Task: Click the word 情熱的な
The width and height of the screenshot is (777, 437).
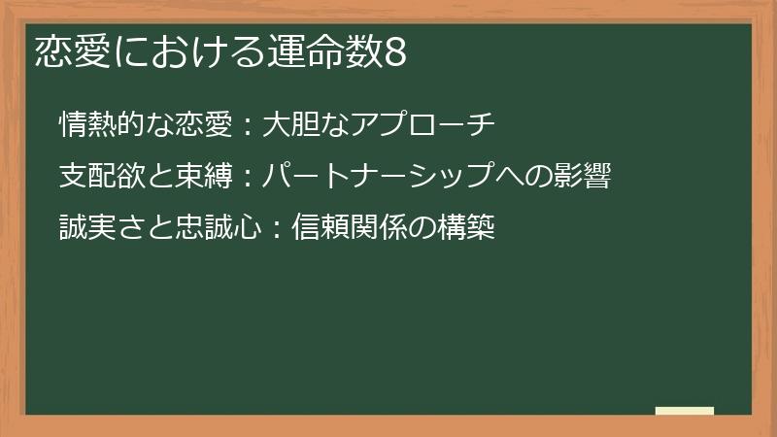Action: (108, 124)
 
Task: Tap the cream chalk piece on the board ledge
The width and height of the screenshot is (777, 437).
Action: (685, 411)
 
